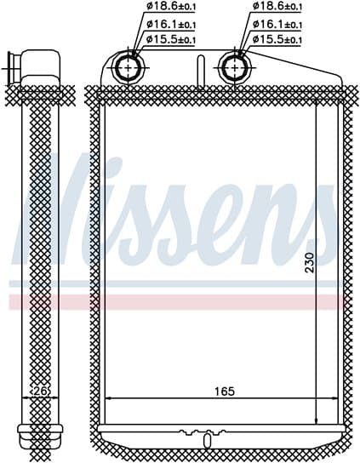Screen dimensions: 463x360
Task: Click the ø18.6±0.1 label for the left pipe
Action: click(x=170, y=7)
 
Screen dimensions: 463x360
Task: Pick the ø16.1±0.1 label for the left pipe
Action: click(x=170, y=23)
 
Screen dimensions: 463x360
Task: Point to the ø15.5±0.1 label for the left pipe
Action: click(x=170, y=39)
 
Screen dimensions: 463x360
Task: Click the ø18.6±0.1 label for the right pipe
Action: click(x=277, y=7)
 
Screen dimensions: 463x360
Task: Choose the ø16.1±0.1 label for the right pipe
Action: click(x=277, y=23)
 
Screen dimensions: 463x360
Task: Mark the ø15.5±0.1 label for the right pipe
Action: click(x=277, y=39)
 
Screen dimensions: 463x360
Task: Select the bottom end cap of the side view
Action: click(x=38, y=427)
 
